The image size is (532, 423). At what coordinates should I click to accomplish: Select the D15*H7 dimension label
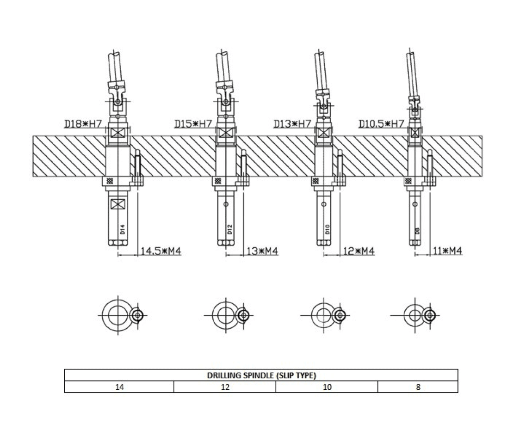(193, 124)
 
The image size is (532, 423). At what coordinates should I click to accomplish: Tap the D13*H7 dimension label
(292, 124)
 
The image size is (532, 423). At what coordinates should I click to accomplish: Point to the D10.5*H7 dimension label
(382, 124)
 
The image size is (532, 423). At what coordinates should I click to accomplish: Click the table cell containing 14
(119, 387)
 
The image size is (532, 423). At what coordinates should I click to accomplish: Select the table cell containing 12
(225, 387)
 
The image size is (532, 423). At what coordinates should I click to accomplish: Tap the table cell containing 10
(327, 387)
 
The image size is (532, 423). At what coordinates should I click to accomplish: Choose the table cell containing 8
(418, 387)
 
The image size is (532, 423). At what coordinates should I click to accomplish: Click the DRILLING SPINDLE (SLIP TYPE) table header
(261, 375)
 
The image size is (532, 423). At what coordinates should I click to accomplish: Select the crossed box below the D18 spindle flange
(118, 203)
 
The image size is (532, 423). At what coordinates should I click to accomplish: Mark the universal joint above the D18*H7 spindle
(118, 96)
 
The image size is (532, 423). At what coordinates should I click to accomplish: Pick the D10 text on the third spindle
(328, 228)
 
